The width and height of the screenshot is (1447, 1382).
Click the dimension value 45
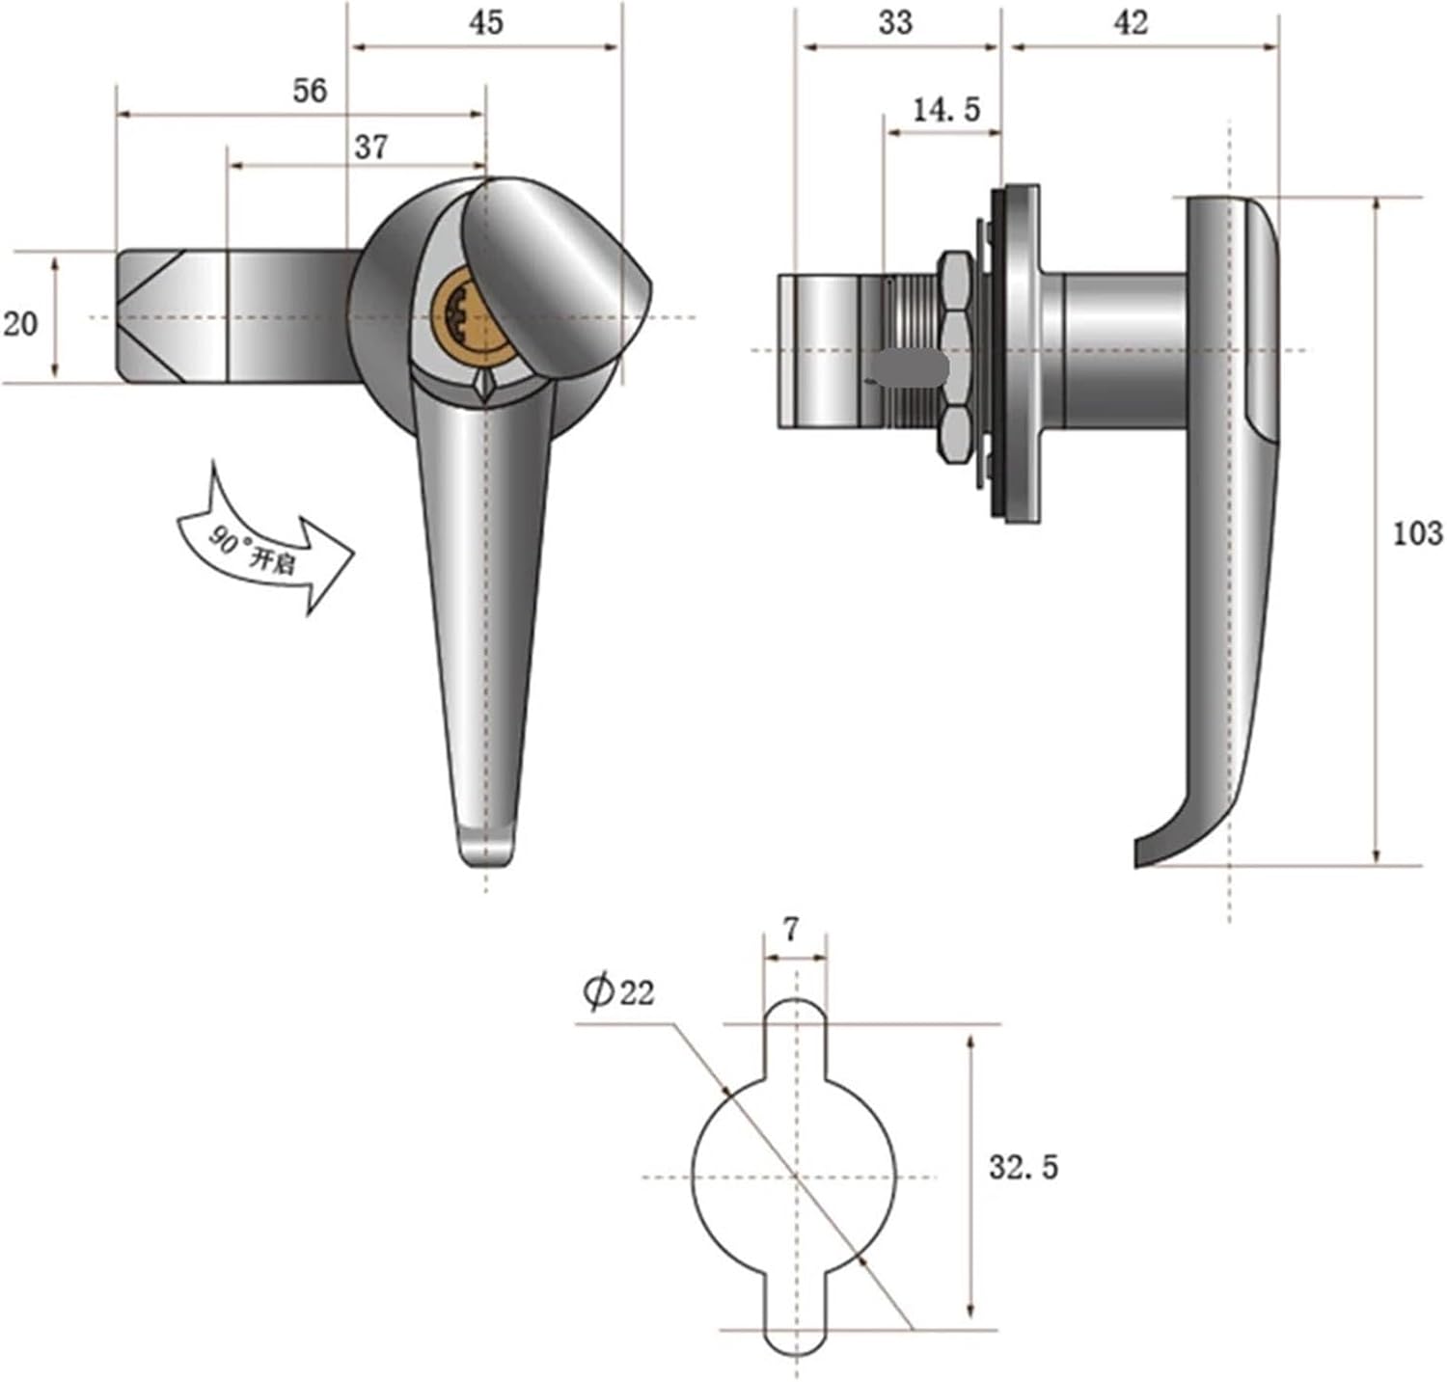(486, 21)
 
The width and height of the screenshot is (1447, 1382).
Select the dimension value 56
(310, 91)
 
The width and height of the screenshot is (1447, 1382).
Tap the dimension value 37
(370, 147)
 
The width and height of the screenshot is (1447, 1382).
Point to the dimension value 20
(20, 323)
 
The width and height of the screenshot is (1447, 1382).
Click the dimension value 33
(895, 22)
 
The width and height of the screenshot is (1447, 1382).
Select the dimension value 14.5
(945, 110)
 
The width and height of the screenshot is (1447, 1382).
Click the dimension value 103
(1416, 532)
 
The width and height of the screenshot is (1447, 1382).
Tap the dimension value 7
(791, 930)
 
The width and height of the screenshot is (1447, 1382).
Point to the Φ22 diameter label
(617, 990)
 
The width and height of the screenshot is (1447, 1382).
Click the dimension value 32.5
(1023, 1167)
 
